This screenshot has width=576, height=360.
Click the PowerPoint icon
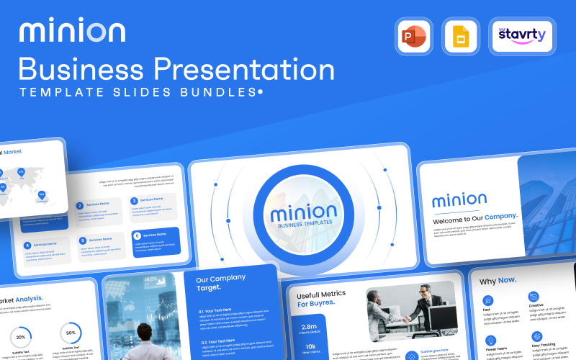(x=413, y=35)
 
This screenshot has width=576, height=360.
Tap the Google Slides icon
(x=460, y=35)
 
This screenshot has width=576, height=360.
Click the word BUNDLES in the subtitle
(x=222, y=93)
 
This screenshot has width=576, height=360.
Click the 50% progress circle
(x=71, y=333)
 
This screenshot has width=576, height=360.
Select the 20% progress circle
(x=21, y=337)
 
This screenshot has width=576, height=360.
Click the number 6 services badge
(x=136, y=235)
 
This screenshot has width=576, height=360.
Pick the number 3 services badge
(x=134, y=202)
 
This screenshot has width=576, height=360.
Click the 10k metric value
(x=311, y=346)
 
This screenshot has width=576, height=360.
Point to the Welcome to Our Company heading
(x=475, y=216)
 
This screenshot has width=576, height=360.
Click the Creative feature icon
(x=533, y=297)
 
